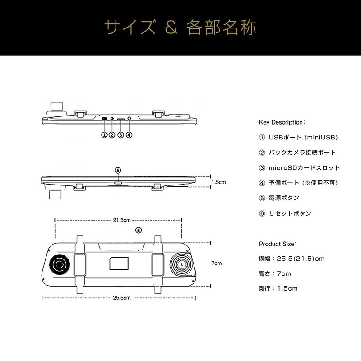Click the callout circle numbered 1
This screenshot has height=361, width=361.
(x=104, y=134)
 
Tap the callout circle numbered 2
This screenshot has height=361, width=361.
(x=112, y=134)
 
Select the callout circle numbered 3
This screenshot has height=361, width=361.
(x=120, y=134)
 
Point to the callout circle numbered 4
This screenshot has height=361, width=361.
(x=129, y=134)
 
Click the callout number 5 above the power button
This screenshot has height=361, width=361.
(x=118, y=170)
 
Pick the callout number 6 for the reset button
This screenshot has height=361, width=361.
(x=139, y=230)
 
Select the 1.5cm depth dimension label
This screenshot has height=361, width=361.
(x=218, y=182)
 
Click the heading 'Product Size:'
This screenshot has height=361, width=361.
(x=278, y=244)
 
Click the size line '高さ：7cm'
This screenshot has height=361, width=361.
(x=275, y=273)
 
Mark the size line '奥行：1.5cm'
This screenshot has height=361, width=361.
(x=278, y=288)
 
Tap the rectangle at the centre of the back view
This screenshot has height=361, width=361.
(x=119, y=263)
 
